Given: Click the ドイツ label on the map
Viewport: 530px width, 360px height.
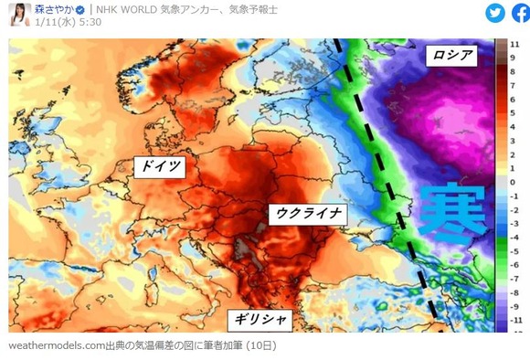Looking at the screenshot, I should [159, 165].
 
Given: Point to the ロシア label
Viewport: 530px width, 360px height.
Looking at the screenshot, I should [452, 56].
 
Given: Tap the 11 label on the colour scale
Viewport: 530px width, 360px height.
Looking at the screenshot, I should [514, 44].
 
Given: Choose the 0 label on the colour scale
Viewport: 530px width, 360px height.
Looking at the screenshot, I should [514, 182].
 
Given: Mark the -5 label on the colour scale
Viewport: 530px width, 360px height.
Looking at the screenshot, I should [514, 246].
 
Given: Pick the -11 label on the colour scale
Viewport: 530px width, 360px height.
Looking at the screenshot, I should [514, 322].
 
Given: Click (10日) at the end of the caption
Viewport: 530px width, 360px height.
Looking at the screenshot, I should [257, 346].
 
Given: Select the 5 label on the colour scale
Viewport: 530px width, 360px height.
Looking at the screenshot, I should [514, 119].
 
